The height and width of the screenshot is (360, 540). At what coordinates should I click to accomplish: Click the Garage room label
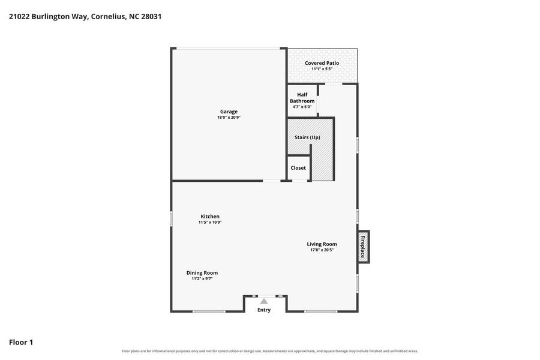(x=229, y=112)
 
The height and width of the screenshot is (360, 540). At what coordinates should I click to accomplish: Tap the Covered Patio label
(x=322, y=63)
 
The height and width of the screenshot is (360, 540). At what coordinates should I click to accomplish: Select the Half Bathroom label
(x=302, y=98)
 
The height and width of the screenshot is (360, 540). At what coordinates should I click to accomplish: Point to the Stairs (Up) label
(x=307, y=137)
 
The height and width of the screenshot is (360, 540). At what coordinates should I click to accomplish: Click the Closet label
(x=298, y=168)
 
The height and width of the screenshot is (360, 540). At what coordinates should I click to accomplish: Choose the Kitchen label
(x=210, y=217)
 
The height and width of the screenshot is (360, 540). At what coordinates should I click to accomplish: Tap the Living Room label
(x=322, y=244)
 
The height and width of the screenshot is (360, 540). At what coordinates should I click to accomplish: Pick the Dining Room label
(x=202, y=273)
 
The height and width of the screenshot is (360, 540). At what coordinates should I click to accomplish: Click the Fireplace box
(x=363, y=247)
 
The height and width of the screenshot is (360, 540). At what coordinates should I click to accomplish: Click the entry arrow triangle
(x=264, y=301)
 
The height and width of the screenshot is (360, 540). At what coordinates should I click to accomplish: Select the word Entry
(x=264, y=310)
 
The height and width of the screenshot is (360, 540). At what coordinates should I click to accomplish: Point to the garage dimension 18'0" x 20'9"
(x=229, y=118)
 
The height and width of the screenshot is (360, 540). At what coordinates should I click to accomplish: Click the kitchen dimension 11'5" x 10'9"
(x=210, y=222)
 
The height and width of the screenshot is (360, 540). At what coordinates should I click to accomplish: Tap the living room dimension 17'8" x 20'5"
(x=322, y=250)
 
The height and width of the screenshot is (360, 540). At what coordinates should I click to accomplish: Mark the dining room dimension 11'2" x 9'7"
(x=202, y=278)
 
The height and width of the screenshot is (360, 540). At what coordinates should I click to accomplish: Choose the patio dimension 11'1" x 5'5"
(x=322, y=69)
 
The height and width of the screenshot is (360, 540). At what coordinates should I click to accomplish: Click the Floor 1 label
(x=21, y=342)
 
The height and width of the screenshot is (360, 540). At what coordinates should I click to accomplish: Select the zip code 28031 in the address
(x=151, y=17)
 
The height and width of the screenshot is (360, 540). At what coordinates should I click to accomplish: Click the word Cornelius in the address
(x=108, y=17)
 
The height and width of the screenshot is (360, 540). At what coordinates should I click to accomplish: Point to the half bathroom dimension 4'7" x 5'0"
(x=302, y=107)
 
